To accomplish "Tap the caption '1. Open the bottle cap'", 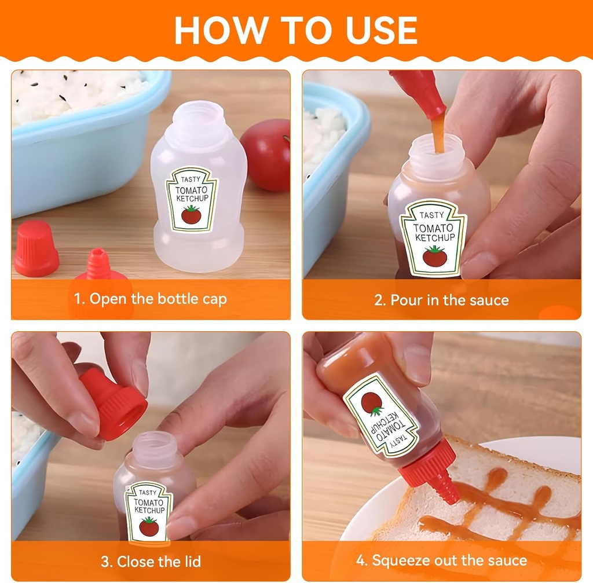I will (x=150, y=299).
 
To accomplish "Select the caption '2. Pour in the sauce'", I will (x=441, y=300).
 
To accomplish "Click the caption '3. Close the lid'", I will (x=151, y=561).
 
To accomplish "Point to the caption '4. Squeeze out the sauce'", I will (x=441, y=560).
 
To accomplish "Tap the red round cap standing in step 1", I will (x=36, y=248).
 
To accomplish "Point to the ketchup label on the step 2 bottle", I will (x=433, y=237).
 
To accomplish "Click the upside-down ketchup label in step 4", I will (x=382, y=415).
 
